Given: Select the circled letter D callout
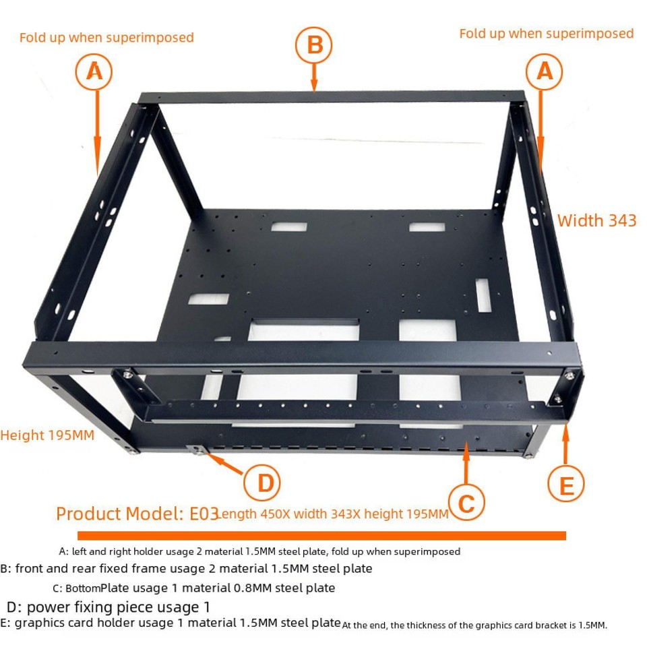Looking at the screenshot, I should tap(261, 483).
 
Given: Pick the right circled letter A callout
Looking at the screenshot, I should tap(545, 71).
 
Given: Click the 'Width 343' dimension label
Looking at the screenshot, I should tap(596, 220).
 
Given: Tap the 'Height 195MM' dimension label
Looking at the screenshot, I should tap(47, 435).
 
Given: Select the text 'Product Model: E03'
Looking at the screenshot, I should tap(137, 514).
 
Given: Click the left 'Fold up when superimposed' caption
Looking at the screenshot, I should tap(106, 38).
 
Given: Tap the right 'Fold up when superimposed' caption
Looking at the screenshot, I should tap(547, 34).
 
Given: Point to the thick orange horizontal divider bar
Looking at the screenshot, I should tap(321, 536).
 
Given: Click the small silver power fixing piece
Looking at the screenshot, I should tap(197, 450).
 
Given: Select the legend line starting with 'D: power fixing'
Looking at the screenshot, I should tap(109, 607).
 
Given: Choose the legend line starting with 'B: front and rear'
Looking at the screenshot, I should tap(186, 569).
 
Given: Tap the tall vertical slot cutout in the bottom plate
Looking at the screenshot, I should tap(483, 295).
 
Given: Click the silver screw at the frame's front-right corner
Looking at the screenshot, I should tap(570, 375).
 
